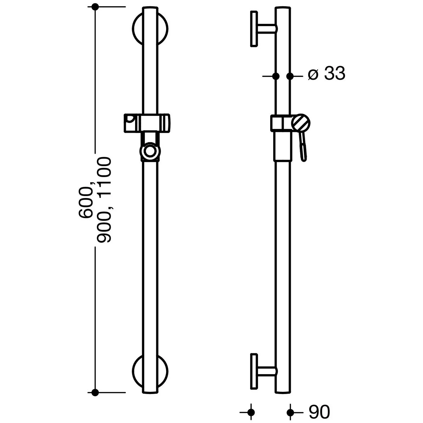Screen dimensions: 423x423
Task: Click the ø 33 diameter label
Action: [x=327, y=74]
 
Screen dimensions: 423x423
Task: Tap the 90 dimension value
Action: [x=319, y=412]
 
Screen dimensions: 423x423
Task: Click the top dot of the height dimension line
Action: [x=95, y=7]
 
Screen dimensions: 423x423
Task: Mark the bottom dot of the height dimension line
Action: [x=95, y=392]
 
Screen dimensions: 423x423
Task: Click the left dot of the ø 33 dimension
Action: [x=276, y=76]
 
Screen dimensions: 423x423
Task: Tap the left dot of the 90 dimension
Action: [x=251, y=413]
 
